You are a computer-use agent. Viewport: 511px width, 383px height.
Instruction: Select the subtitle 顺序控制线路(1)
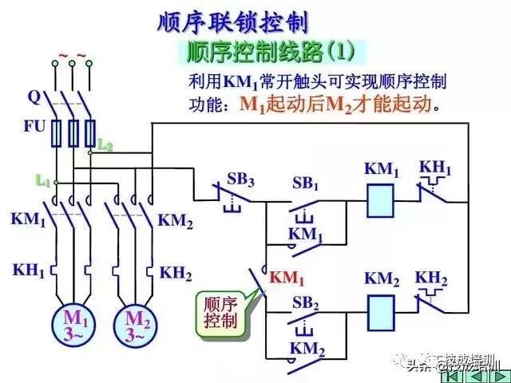[x=270, y=53]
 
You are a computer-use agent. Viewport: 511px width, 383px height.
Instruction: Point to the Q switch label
[x=34, y=97]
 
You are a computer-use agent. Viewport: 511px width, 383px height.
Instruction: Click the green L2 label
[x=105, y=145]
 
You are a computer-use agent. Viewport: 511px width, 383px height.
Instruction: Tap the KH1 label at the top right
[x=435, y=169]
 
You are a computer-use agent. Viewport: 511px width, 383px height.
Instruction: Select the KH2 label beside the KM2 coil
[x=431, y=278]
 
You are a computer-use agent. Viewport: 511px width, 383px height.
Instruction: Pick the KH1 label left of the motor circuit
[x=29, y=270]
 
